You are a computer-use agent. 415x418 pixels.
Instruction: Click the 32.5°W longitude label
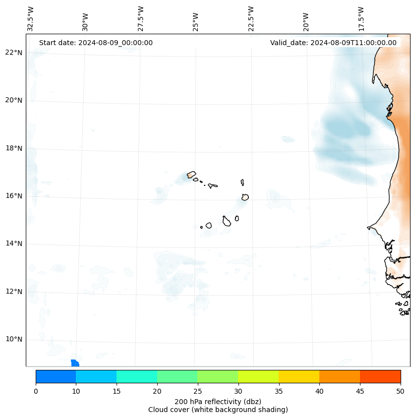[31, 19]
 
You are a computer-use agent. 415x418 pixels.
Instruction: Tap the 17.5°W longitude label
[361, 19]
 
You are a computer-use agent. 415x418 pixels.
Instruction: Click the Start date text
[96, 43]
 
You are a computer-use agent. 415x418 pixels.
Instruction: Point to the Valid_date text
[333, 43]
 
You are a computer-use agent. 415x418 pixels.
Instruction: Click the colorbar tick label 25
[197, 392]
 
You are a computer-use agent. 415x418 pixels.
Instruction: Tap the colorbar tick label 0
[36, 392]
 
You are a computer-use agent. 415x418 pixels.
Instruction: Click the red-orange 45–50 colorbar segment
[380, 376]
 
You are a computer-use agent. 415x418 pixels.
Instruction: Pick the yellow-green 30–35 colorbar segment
[258, 376]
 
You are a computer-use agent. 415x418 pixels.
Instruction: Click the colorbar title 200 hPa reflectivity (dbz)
[218, 401]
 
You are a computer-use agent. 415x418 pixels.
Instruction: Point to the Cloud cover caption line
[218, 410]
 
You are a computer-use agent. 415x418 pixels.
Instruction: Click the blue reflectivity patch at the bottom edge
[75, 363]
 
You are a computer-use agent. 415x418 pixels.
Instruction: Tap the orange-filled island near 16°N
[245, 197]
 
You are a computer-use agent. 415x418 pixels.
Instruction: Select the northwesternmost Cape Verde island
[191, 175]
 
